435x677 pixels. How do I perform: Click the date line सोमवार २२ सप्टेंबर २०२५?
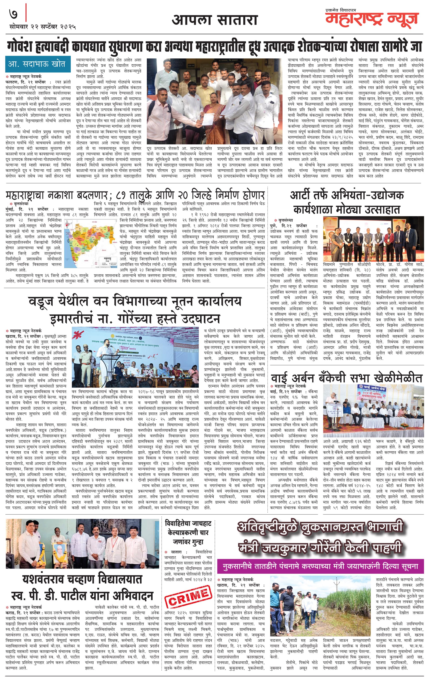point(43,27)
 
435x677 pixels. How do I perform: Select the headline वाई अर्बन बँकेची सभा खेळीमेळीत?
point(347,378)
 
